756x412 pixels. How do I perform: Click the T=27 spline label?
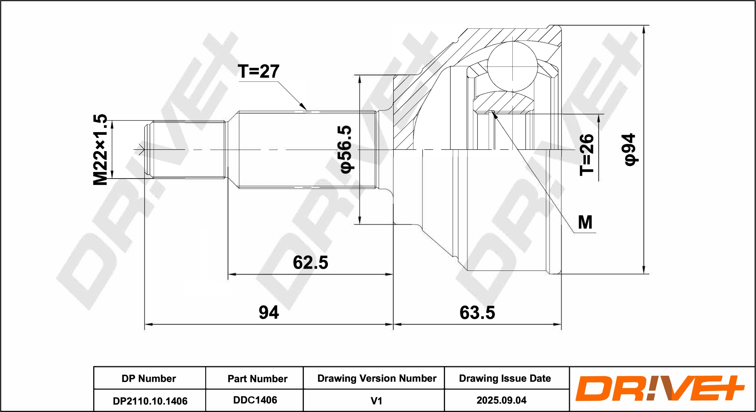[x=259, y=72]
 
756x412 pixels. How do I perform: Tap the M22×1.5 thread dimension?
[x=100, y=149]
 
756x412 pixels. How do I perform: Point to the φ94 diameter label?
[x=631, y=150]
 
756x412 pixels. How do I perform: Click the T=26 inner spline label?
[x=587, y=155]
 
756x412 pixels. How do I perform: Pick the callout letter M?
[x=585, y=222]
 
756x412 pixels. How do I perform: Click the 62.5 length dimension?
[x=310, y=262]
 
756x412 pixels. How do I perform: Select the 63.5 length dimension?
[x=477, y=313]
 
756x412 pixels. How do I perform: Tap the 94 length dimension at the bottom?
[x=269, y=313]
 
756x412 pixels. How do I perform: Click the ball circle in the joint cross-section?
[x=512, y=67]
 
